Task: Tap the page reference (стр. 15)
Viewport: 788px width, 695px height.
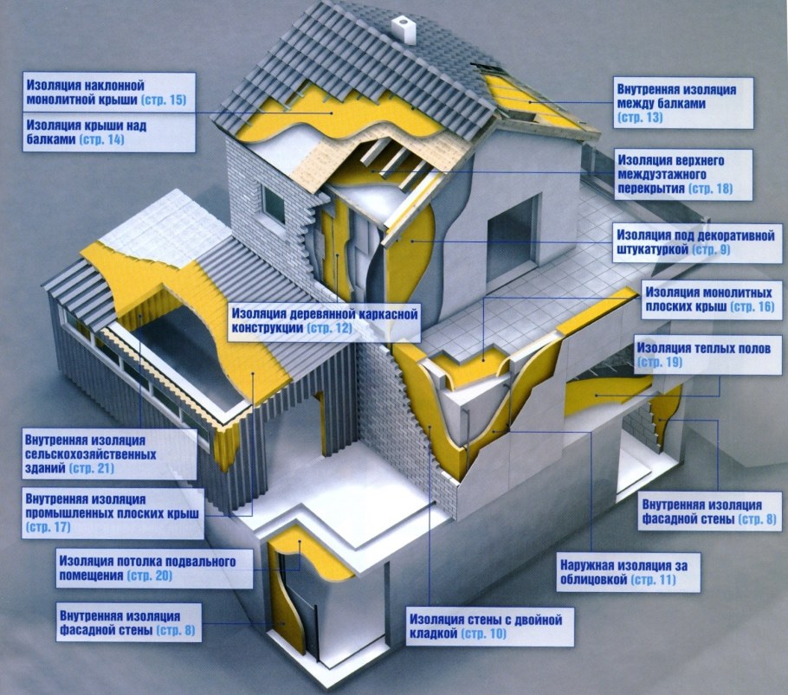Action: click(x=164, y=100)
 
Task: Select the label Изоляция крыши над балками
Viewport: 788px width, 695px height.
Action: click(x=87, y=132)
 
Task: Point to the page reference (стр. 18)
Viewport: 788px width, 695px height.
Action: click(x=710, y=189)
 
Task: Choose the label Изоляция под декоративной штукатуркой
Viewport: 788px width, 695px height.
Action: click(x=695, y=242)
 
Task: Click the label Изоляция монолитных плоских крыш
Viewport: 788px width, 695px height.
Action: click(x=709, y=299)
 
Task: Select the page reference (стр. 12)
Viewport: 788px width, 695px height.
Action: click(x=330, y=328)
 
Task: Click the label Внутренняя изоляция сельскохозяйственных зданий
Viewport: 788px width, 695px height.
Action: click(x=90, y=454)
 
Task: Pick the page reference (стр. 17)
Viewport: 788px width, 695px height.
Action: click(x=48, y=528)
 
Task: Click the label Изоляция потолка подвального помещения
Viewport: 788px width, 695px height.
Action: click(x=147, y=568)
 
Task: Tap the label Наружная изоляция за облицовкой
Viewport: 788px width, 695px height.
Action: click(x=624, y=572)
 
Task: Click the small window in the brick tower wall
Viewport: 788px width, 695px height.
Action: click(x=274, y=203)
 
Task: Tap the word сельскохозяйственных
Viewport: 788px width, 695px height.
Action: click(x=90, y=455)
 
